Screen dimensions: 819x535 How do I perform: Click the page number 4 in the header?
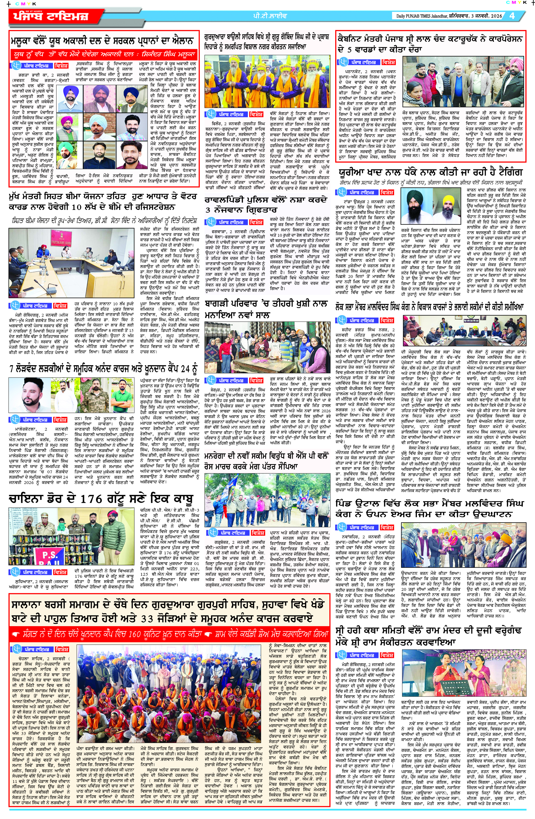coord(512,16)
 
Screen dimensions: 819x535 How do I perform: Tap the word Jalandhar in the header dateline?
coord(437,16)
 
